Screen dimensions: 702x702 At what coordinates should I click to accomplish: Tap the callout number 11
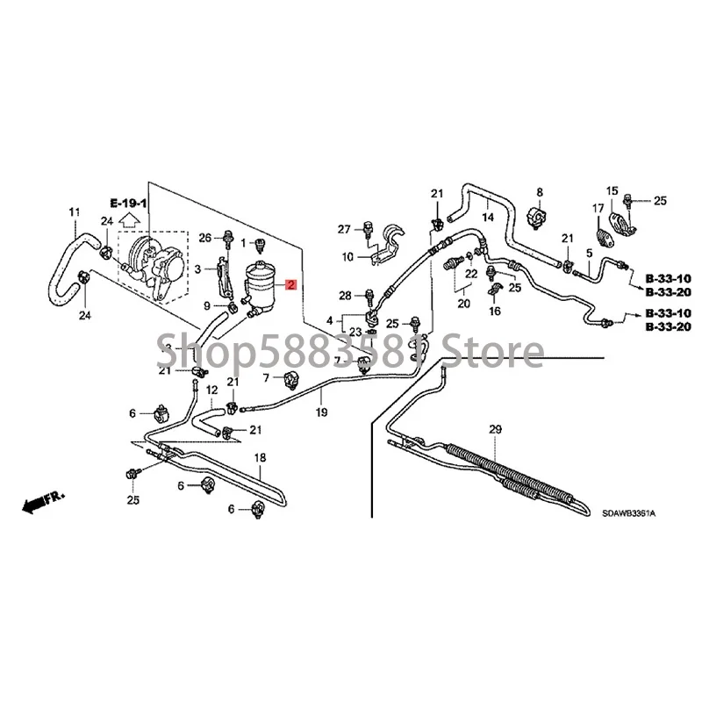coord(74,211)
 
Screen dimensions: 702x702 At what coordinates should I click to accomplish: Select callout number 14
coord(489,216)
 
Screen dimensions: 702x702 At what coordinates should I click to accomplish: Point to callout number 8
coord(539,191)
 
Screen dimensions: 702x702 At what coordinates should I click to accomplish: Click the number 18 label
coord(260,458)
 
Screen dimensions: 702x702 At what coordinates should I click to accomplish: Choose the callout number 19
coord(321,412)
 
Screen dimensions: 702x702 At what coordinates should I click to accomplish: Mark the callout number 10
coord(347,258)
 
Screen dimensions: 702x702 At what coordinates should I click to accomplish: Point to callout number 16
coord(495,311)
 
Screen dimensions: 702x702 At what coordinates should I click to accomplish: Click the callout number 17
coord(596,208)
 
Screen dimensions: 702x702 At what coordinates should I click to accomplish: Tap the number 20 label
coord(462,304)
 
